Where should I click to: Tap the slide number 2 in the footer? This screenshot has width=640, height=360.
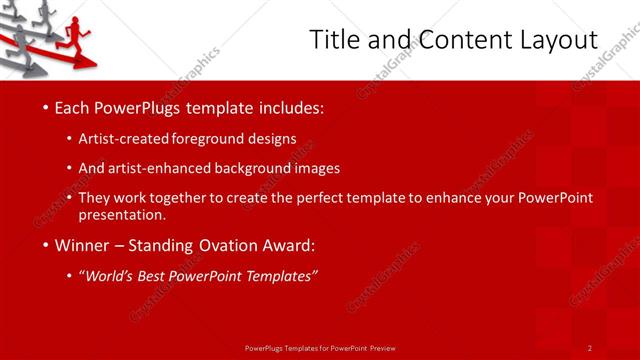[x=590, y=347]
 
